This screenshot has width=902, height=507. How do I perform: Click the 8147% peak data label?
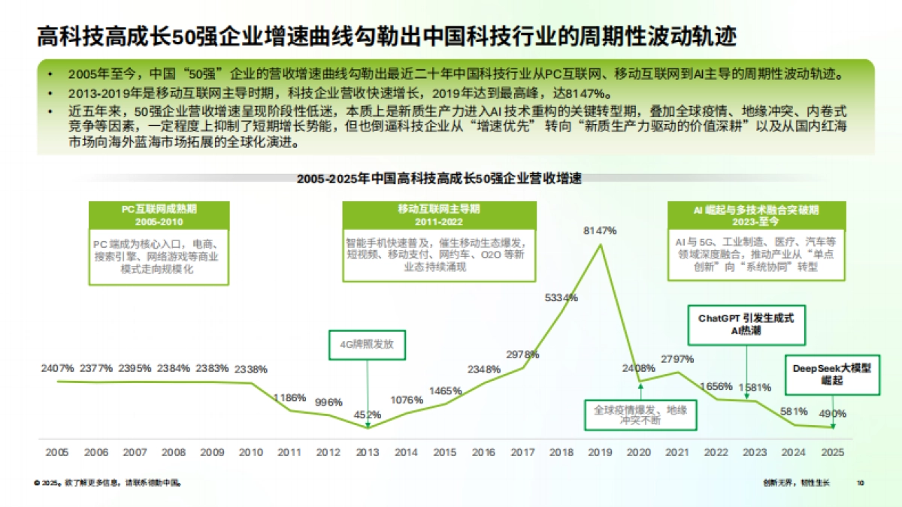click(x=600, y=231)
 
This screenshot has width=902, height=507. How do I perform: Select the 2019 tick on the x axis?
click(x=600, y=452)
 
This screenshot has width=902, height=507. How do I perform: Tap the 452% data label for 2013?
click(x=368, y=414)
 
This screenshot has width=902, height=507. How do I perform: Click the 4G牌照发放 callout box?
click(x=367, y=345)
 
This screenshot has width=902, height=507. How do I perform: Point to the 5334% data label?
click(x=561, y=297)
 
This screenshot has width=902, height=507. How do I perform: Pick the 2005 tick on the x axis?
click(x=57, y=452)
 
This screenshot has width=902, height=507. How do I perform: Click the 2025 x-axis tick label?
click(x=833, y=452)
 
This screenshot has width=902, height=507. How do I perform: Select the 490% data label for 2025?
click(x=833, y=413)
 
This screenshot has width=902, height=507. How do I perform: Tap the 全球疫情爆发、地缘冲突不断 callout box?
click(x=640, y=415)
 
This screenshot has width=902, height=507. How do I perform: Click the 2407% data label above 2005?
click(x=57, y=368)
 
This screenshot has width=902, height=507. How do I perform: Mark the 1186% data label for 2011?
click(x=289, y=397)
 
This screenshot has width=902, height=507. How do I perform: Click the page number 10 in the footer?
click(x=861, y=483)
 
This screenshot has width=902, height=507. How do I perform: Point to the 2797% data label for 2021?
click(x=679, y=358)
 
